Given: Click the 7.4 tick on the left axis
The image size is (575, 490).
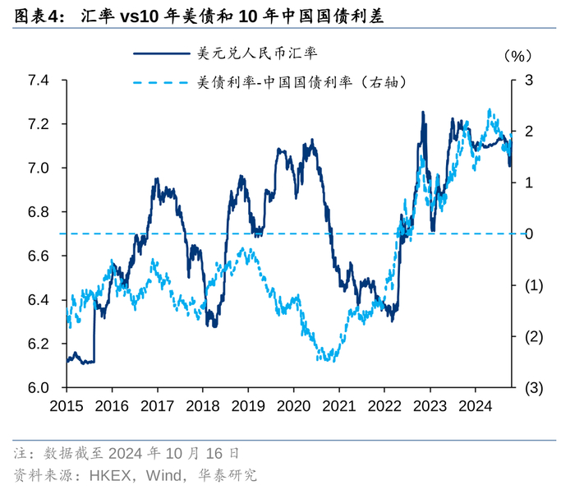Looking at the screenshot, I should point(38,81).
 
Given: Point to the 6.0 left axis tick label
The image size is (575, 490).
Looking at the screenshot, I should point(38,387).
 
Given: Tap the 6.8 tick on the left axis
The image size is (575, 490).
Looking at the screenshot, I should point(38,212).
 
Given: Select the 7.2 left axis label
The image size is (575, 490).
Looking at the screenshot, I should point(38,124).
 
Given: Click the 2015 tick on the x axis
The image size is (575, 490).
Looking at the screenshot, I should point(67,406).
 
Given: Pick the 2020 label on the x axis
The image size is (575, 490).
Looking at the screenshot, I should point(292,406).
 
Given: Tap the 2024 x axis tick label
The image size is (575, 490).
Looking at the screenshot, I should point(474,406).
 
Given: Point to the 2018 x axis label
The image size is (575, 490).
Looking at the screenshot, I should point(202,406).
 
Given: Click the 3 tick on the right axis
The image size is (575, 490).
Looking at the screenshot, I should point(530,81).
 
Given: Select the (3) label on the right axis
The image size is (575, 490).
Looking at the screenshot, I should point(532,387).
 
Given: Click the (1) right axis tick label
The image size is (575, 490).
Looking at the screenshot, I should point(532,285).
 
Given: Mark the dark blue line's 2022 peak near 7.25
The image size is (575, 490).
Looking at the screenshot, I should point(423,113).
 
